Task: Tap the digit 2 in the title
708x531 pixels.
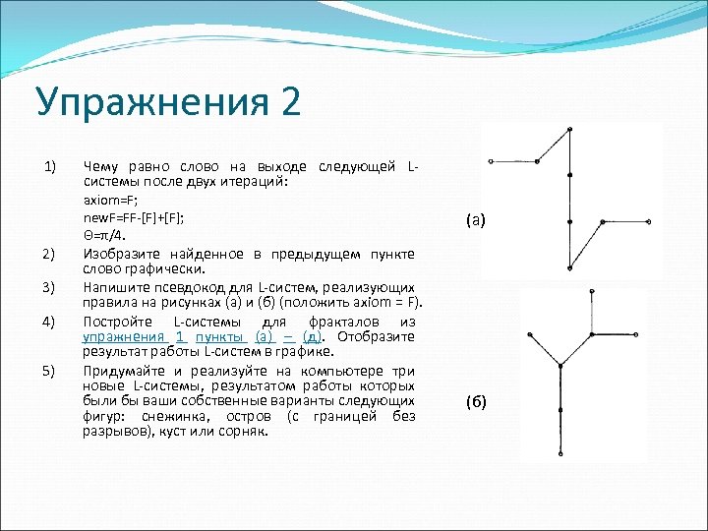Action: click(x=290, y=102)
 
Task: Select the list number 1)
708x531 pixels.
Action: click(x=52, y=163)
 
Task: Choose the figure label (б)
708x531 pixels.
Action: click(x=476, y=403)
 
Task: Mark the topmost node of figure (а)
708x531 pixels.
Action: click(x=569, y=128)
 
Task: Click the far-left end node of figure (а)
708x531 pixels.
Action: click(x=491, y=160)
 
